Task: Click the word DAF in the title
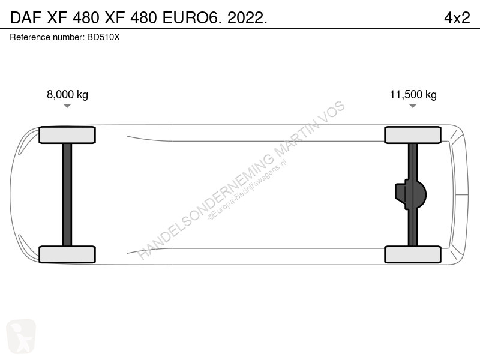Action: [25, 18]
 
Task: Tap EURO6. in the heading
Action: [191, 18]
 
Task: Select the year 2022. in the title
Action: [247, 18]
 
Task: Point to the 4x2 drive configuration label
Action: [457, 18]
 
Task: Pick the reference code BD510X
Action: [103, 37]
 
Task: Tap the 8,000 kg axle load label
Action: [67, 94]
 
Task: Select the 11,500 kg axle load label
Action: [413, 94]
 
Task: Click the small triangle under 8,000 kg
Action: [67, 106]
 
